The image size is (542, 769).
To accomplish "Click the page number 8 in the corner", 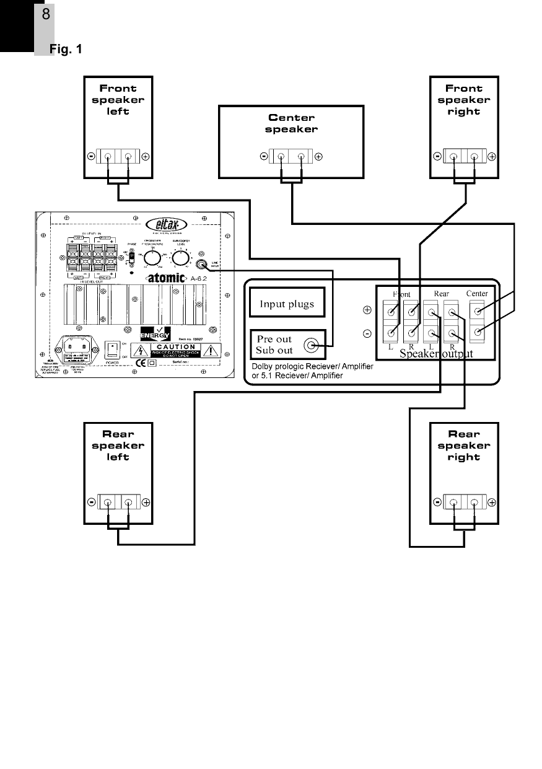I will [46, 14].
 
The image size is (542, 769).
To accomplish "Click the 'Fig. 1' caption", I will [66, 48].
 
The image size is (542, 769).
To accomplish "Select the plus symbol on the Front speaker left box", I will [146, 157].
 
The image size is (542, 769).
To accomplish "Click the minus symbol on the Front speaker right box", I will [437, 157].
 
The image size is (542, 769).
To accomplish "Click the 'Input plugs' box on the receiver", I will [286, 304].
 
